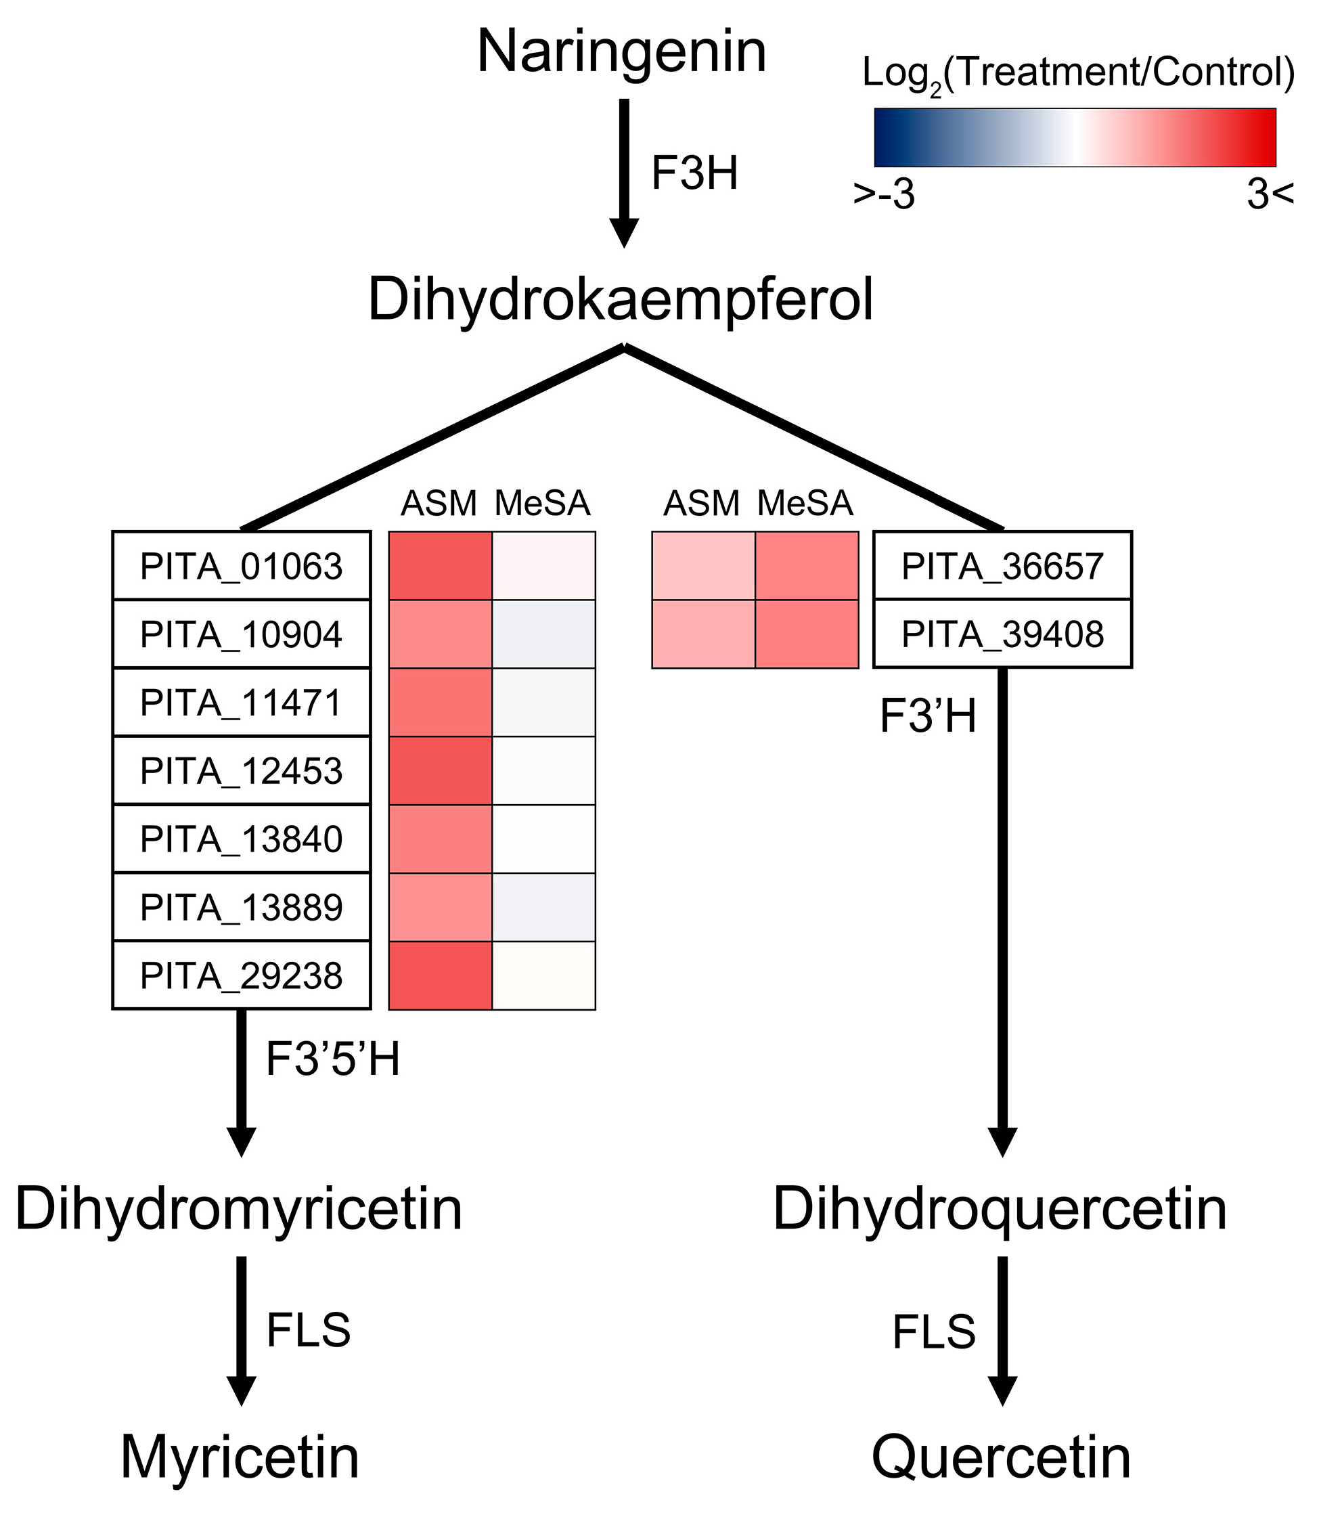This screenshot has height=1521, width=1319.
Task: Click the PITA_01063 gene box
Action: coord(242,566)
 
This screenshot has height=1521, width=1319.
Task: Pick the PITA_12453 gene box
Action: coord(242,771)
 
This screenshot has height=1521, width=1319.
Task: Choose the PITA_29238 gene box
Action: coord(242,975)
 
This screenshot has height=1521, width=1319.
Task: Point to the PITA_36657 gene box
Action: coord(1002,566)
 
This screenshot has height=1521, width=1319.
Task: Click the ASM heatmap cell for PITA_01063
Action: coord(440,566)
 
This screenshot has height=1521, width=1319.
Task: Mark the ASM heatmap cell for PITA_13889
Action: coord(440,908)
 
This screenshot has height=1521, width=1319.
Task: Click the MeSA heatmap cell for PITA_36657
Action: coord(807,566)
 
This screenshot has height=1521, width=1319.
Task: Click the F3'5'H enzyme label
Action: coord(333,1060)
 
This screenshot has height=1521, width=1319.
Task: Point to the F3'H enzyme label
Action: coord(927,716)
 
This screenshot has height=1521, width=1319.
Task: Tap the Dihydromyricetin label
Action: coord(238,1209)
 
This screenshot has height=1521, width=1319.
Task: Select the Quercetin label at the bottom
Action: coord(1001,1457)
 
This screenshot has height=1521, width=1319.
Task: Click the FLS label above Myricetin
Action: coord(309,1330)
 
